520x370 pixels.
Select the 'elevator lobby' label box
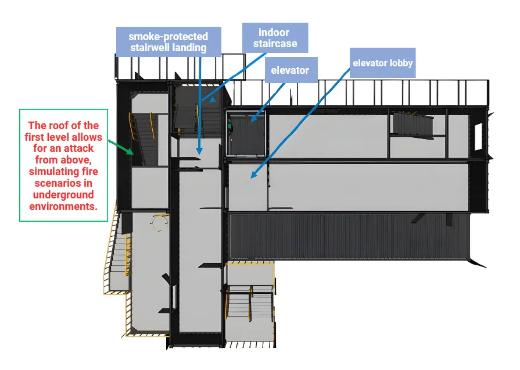tap(382, 62)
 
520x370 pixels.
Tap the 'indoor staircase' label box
tap(275, 38)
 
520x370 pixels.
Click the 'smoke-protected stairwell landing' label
tap(168, 42)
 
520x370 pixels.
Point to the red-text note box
tap(63, 165)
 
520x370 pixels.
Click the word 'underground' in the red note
tap(63, 195)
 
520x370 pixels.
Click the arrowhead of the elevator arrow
tap(252, 120)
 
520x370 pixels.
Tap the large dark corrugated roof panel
tap(349, 236)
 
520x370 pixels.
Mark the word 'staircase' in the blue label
tap(275, 44)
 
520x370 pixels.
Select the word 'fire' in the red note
tap(90, 172)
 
